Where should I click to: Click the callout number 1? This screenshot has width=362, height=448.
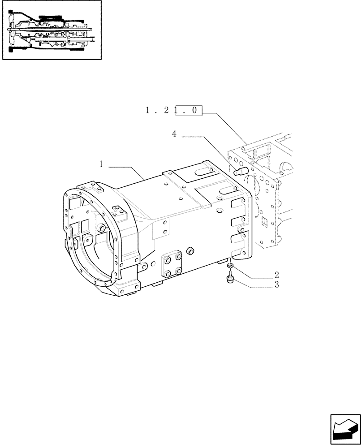tap(101, 165)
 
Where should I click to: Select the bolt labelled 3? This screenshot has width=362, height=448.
tap(228, 280)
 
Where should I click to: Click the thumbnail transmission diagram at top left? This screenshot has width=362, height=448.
tap(52, 30)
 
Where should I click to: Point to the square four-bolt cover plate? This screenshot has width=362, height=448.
tap(172, 266)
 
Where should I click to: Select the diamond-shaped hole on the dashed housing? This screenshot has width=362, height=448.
tap(265, 221)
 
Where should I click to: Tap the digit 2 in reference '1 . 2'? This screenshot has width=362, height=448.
tap(166, 111)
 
